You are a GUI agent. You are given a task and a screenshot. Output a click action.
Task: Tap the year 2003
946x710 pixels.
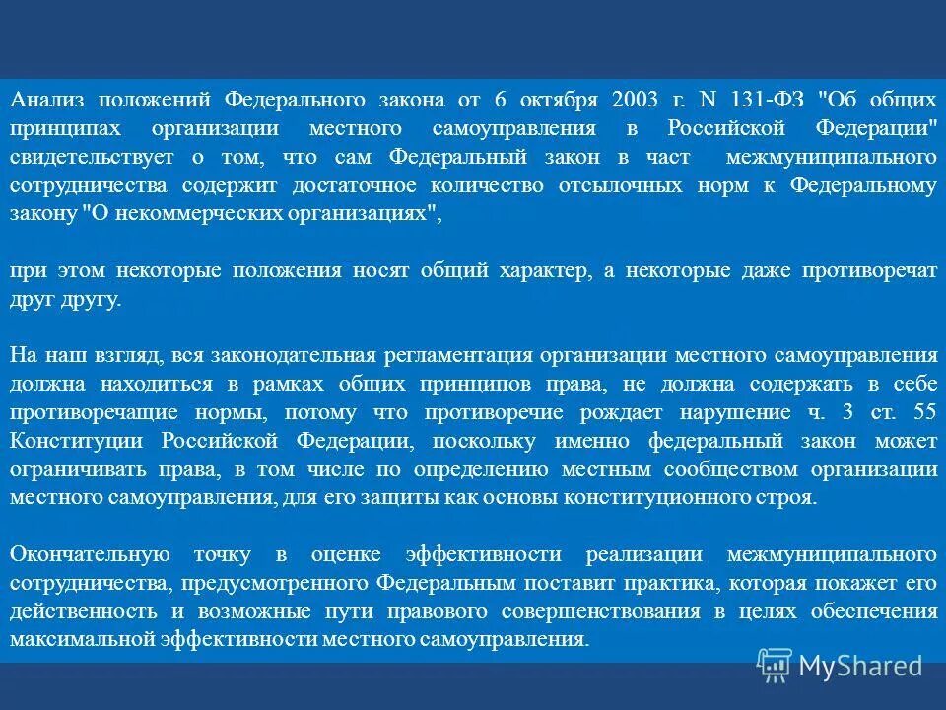(638, 100)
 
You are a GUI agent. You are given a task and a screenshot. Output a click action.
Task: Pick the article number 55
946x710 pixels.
(925, 412)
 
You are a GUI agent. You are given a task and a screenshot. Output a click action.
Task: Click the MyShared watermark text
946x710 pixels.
(859, 667)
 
